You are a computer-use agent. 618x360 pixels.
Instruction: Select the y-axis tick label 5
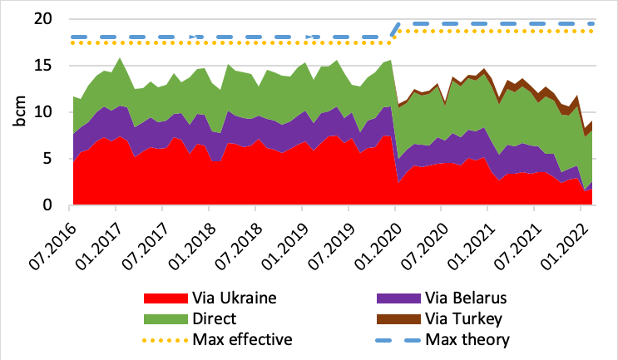point(56,159)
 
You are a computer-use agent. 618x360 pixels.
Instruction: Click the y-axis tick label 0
point(56,205)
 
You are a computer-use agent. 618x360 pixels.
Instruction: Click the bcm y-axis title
point(18,112)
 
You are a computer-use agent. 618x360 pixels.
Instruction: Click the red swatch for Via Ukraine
point(166,298)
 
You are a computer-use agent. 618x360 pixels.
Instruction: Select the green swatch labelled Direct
point(166,318)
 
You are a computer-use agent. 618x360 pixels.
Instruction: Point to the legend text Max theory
point(467,339)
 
